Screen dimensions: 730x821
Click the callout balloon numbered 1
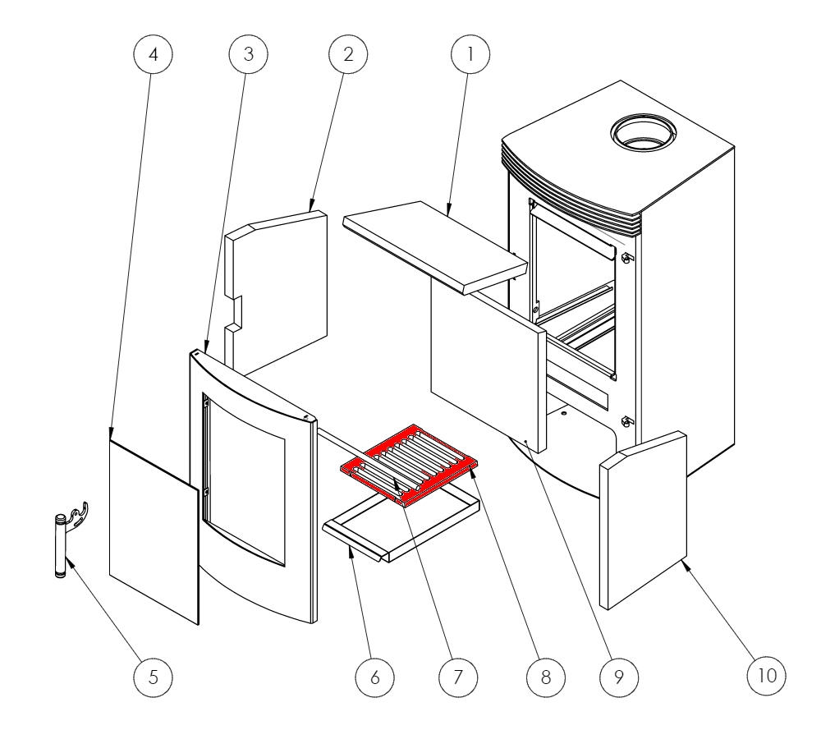(x=470, y=54)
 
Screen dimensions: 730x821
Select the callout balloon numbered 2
(x=348, y=54)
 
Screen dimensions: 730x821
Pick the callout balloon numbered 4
(x=153, y=54)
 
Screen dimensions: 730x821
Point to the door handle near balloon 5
(x=62, y=546)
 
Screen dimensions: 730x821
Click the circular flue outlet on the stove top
(x=643, y=131)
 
